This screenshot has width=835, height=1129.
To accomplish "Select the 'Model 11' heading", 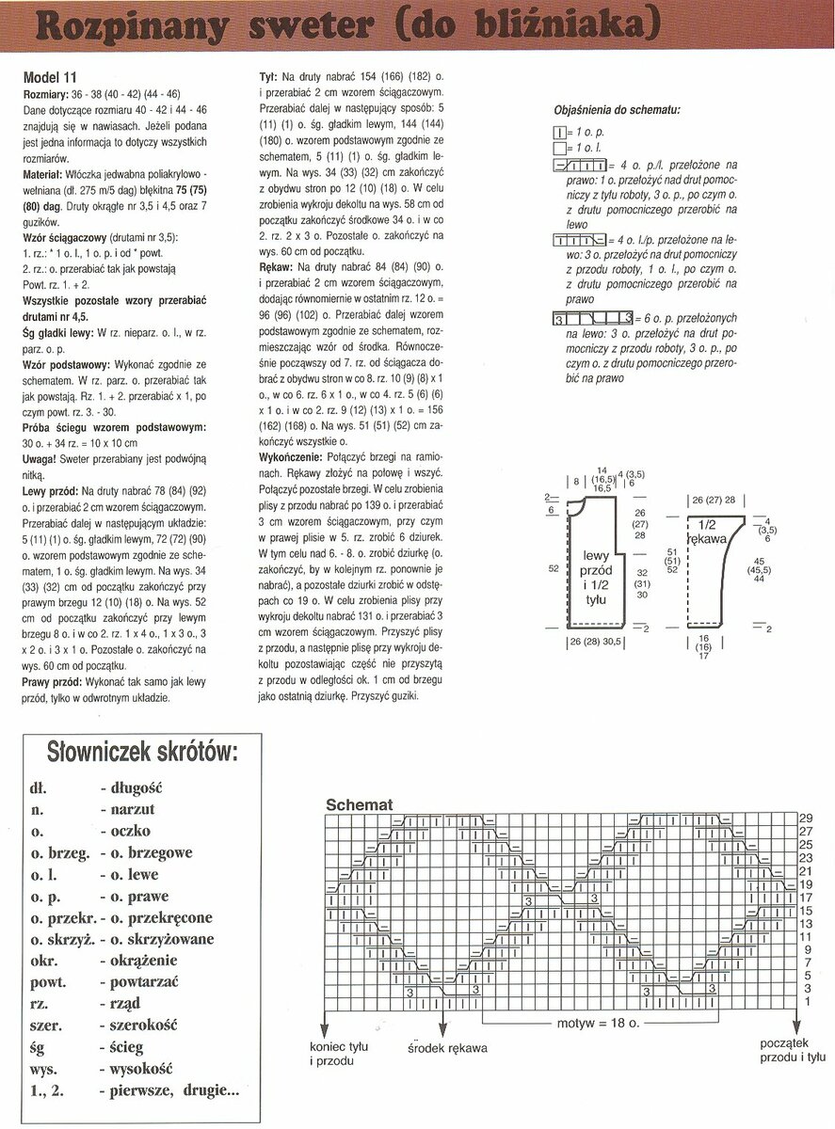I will (x=49, y=77).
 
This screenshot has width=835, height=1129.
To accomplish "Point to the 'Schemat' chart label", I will (x=359, y=805).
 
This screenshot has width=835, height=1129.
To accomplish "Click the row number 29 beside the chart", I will (x=806, y=818).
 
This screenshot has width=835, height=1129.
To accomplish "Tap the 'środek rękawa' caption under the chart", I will (x=448, y=1047).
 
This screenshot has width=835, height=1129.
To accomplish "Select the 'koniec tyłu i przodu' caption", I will (x=338, y=1053).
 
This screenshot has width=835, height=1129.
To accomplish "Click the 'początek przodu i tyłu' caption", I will (x=789, y=1052).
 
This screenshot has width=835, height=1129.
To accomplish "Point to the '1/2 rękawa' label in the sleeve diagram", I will (x=715, y=532).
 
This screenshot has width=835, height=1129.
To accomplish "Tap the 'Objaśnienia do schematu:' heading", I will (x=618, y=109).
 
